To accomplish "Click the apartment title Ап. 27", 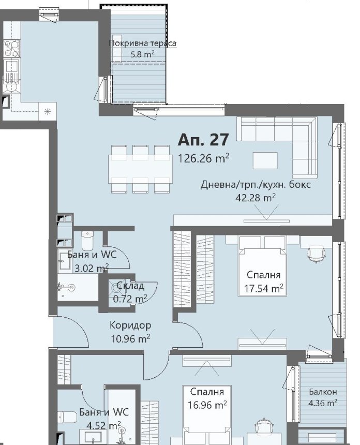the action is (x=203, y=140).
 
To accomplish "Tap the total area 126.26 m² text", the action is (x=203, y=158).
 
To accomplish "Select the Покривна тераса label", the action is (x=142, y=43).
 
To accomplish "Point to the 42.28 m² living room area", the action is (x=256, y=197).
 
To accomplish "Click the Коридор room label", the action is (x=130, y=325).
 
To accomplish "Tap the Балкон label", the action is (x=323, y=392).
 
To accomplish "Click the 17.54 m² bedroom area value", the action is (x=264, y=289).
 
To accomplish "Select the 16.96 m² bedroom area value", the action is (x=207, y=405).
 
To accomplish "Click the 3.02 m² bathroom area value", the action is (x=92, y=268).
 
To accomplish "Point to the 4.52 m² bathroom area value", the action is (x=104, y=425).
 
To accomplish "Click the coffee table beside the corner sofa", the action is (x=265, y=160).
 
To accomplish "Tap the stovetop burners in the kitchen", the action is (x=11, y=49).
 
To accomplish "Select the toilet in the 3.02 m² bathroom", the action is (x=87, y=240).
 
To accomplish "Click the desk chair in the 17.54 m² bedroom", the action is (x=317, y=255).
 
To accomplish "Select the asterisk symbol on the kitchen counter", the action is (x=48, y=112).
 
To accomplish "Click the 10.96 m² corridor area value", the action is (x=130, y=338).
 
